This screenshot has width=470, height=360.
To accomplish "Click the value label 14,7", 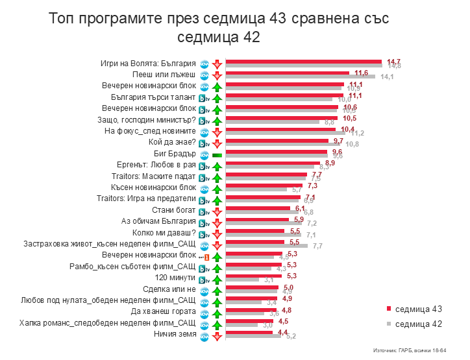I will (x=393, y=60).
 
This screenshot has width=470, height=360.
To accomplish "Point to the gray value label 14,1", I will (x=387, y=77).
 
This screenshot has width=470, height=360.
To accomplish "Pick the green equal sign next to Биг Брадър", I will (x=217, y=154).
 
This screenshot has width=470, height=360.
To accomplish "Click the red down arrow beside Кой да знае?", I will (x=217, y=143).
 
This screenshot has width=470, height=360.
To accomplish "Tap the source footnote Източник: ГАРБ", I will (x=410, y=350).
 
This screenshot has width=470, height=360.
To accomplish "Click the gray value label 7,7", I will (x=317, y=246).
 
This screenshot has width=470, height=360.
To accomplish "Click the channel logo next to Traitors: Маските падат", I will (x=203, y=176).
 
